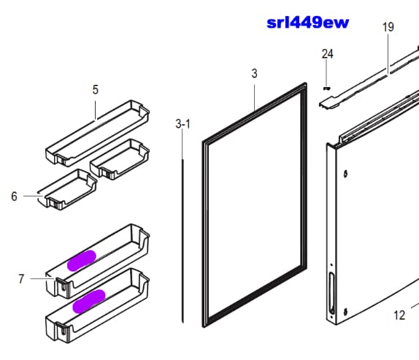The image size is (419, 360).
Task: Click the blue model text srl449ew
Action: click(x=308, y=23)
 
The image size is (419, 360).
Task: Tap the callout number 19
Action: click(x=388, y=27)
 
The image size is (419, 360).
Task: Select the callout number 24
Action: click(x=327, y=54)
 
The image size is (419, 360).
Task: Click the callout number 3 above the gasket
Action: click(x=254, y=73)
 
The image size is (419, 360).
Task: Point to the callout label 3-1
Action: click(x=182, y=124)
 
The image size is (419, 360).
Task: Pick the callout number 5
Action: click(x=96, y=90)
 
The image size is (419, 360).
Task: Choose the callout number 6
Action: click(x=14, y=196)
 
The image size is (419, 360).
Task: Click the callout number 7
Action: click(x=21, y=279)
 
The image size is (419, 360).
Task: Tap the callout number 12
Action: click(x=399, y=315)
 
